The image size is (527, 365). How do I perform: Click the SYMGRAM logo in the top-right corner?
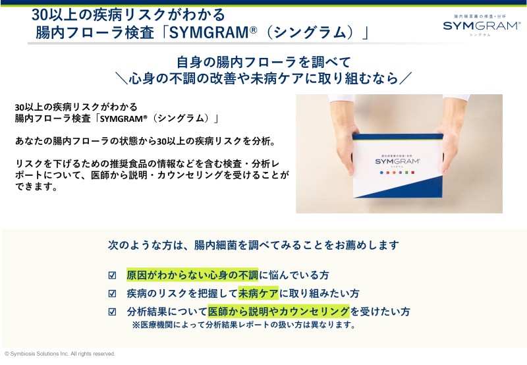tap(482, 26)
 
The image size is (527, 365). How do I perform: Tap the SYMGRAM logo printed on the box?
tap(397, 161)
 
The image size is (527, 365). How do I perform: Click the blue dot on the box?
tap(381, 173)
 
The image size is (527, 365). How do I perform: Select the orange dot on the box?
tap(394, 173)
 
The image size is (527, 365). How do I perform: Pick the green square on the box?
tap(406, 173)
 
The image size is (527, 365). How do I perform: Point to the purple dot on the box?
tap(401, 173)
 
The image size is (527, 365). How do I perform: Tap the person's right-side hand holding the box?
tap(451, 134)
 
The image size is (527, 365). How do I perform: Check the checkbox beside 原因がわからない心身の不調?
tap(112, 275)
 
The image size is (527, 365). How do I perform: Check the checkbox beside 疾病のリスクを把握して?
tap(112, 293)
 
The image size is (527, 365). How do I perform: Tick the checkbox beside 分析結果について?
tap(112, 312)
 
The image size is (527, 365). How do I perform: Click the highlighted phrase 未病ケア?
tap(258, 293)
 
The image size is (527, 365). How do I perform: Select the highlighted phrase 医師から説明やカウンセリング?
tap(279, 312)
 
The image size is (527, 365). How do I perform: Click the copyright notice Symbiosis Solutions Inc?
tap(60, 354)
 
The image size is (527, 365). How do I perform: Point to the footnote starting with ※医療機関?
tap(244, 325)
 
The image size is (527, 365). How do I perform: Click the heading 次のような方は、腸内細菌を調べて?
tap(254, 245)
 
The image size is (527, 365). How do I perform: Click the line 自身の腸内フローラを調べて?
tap(264, 62)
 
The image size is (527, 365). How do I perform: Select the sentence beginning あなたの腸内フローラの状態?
tap(146, 141)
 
